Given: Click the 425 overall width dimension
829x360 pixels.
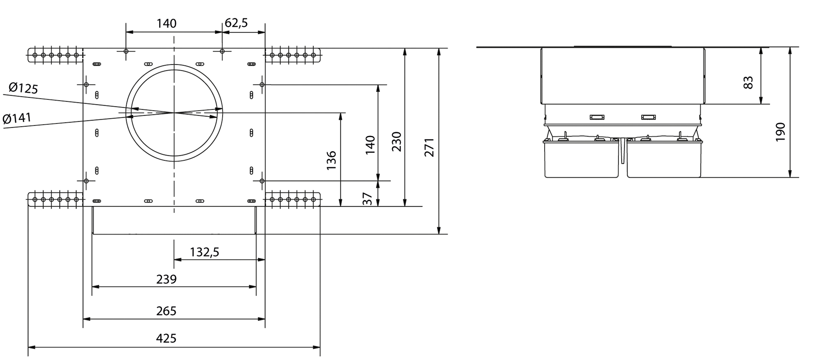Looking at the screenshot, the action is tap(166, 338).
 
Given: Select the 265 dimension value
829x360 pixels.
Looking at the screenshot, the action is tap(166, 311).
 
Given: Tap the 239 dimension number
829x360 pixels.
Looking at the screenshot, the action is tap(166, 279).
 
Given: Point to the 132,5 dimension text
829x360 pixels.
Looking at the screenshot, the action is tap(204, 252).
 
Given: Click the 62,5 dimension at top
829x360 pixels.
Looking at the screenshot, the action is tap(236, 23).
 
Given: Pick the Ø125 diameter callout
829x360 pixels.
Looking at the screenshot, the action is tap(23, 88).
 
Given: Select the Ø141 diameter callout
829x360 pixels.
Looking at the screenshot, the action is tap(17, 119).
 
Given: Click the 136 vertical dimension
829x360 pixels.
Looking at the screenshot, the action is tap(332, 161).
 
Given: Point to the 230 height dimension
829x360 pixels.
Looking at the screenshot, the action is tap(397, 141).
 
